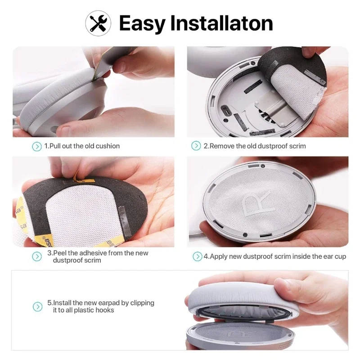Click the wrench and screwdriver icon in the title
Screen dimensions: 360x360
[x=98, y=23]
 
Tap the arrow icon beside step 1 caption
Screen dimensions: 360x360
[x=36, y=146]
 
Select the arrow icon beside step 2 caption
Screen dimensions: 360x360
[x=196, y=146]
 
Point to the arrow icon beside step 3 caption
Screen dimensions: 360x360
[x=36, y=256]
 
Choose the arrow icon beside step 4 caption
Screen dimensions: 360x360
[x=197, y=256]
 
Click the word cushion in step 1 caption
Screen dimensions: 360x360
[x=108, y=146]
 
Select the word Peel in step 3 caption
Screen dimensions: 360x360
[x=61, y=253]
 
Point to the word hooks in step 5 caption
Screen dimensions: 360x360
[x=104, y=310]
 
